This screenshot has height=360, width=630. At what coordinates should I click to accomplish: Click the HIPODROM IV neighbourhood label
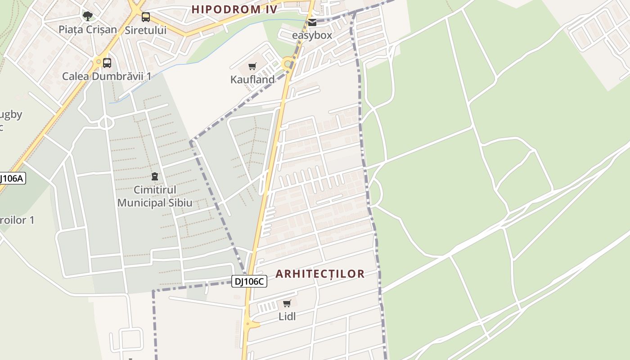(234, 9)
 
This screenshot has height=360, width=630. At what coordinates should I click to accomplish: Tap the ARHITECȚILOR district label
(320, 274)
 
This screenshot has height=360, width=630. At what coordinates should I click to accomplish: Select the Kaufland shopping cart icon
(252, 67)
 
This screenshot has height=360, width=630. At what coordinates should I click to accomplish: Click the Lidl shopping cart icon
(287, 304)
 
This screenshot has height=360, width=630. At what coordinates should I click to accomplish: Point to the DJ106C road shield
(249, 282)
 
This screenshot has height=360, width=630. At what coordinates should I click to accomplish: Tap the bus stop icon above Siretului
(146, 17)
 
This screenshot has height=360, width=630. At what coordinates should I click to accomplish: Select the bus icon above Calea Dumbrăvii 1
(107, 63)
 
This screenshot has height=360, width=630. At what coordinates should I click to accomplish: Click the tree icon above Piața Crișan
(88, 16)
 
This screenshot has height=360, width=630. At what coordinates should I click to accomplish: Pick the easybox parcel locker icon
(312, 22)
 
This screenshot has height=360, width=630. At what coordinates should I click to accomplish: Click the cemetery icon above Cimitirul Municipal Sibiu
(155, 176)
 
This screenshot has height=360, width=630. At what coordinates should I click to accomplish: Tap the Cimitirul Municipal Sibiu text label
(155, 196)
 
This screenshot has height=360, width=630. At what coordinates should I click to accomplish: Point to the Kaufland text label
(252, 80)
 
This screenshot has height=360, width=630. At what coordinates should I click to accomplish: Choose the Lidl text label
(287, 316)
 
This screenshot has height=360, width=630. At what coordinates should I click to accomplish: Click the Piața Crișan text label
(88, 30)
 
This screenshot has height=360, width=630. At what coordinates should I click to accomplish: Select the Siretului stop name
(146, 30)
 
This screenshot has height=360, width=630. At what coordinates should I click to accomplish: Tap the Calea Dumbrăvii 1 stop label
(107, 76)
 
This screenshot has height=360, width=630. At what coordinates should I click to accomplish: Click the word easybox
(312, 35)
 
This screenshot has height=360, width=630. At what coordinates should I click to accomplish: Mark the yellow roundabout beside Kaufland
(287, 63)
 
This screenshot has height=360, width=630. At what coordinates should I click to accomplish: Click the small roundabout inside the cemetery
(106, 122)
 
